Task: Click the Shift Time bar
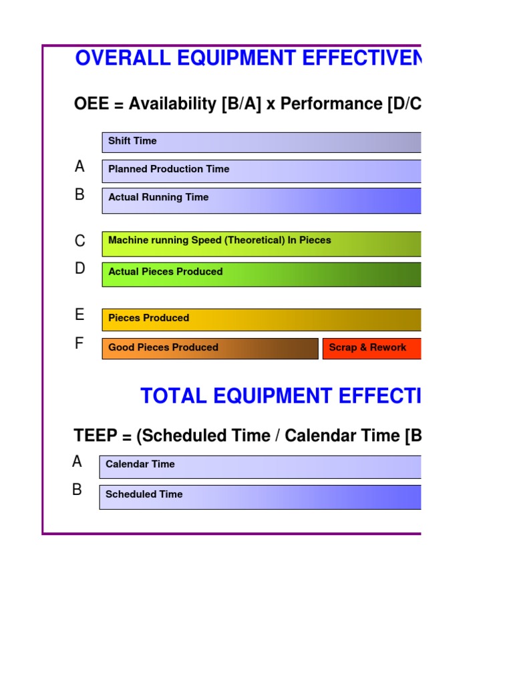261,142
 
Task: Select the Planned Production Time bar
261,171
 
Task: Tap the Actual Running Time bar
261,200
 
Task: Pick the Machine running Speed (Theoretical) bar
261,244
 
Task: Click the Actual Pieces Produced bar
261,275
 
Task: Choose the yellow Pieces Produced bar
261,320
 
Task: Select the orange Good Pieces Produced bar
210,349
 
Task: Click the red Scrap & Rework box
371,349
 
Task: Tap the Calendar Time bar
261,467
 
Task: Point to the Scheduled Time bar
261,497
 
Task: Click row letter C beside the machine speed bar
80,241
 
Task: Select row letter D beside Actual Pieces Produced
80,269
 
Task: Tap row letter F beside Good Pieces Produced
79,344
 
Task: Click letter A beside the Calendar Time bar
77,462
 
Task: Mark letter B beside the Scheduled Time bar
77,490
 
